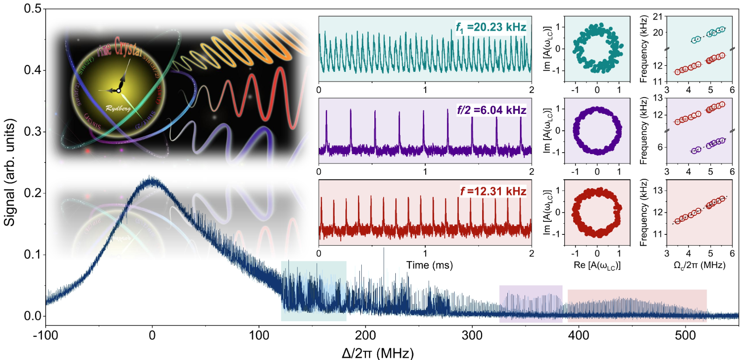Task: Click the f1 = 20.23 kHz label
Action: pos(491,28)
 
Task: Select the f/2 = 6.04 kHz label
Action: pos(491,110)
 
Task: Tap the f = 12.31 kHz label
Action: pos(493,191)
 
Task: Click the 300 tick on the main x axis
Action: pos(472,335)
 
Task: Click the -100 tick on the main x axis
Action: pos(45,335)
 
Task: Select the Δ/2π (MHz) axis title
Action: pos(378,353)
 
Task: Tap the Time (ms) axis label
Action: pos(429,265)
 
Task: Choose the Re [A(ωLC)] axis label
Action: pos(597,265)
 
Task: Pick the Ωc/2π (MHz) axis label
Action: pos(699,265)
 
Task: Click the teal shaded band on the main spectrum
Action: pos(314,291)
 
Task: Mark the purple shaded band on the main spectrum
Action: pos(531,304)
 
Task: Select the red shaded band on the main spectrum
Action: pos(637,305)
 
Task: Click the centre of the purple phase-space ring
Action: pos(597,131)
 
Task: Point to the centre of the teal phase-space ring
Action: pos(597,49)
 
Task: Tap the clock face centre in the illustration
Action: pos(119,90)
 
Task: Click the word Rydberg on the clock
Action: pos(118,108)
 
